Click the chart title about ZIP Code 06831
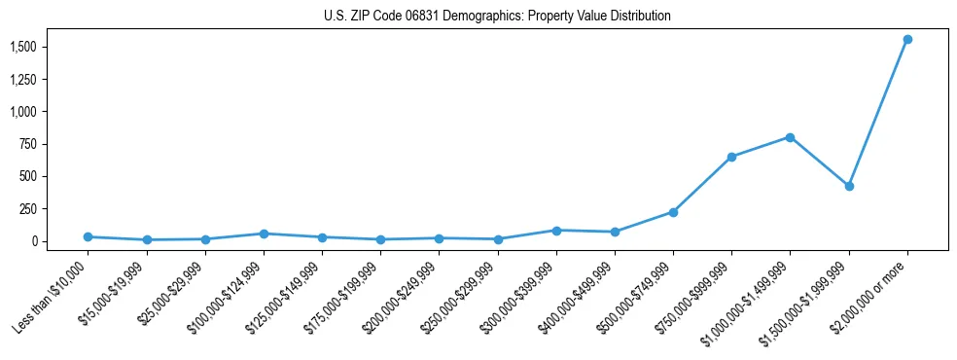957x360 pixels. pyautogui.click(x=497, y=16)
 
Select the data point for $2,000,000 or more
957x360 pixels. pyautogui.click(x=907, y=39)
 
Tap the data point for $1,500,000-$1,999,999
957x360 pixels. pyautogui.click(x=849, y=186)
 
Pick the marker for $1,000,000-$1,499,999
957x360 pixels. pyautogui.click(x=790, y=137)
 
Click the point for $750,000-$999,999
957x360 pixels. pyautogui.click(x=731, y=157)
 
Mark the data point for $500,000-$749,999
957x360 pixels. pyautogui.click(x=673, y=212)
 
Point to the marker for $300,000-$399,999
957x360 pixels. pyautogui.click(x=556, y=231)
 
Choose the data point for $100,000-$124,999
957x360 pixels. pyautogui.click(x=264, y=234)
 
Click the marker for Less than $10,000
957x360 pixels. pyautogui.click(x=88, y=236)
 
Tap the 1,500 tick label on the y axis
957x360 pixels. pyautogui.click(x=23, y=47)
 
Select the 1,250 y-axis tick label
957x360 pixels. pyautogui.click(x=23, y=79)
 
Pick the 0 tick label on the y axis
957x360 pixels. pyautogui.click(x=33, y=241)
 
